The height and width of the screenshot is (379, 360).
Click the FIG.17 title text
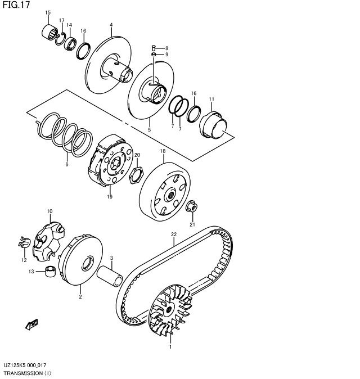coord(16,4)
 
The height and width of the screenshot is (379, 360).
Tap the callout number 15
coord(48,12)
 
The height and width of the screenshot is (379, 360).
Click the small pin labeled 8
coord(154,48)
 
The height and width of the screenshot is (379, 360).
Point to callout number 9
coord(166,55)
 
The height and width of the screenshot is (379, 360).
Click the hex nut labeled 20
coord(137,175)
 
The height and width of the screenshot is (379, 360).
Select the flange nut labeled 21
coord(192,207)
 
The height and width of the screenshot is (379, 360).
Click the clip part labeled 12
coord(24,242)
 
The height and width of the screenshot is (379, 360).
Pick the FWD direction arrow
coord(31,324)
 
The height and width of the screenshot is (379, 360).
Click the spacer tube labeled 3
coord(110,276)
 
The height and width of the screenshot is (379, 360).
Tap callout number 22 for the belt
coord(174,234)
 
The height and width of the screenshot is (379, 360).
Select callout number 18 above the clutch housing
coord(163,151)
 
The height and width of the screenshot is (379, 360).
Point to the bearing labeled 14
coord(70,43)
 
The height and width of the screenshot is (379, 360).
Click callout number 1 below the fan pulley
coord(170,347)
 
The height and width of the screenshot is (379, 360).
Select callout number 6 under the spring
coord(67,164)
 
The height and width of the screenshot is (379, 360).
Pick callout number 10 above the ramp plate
coord(49,211)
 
